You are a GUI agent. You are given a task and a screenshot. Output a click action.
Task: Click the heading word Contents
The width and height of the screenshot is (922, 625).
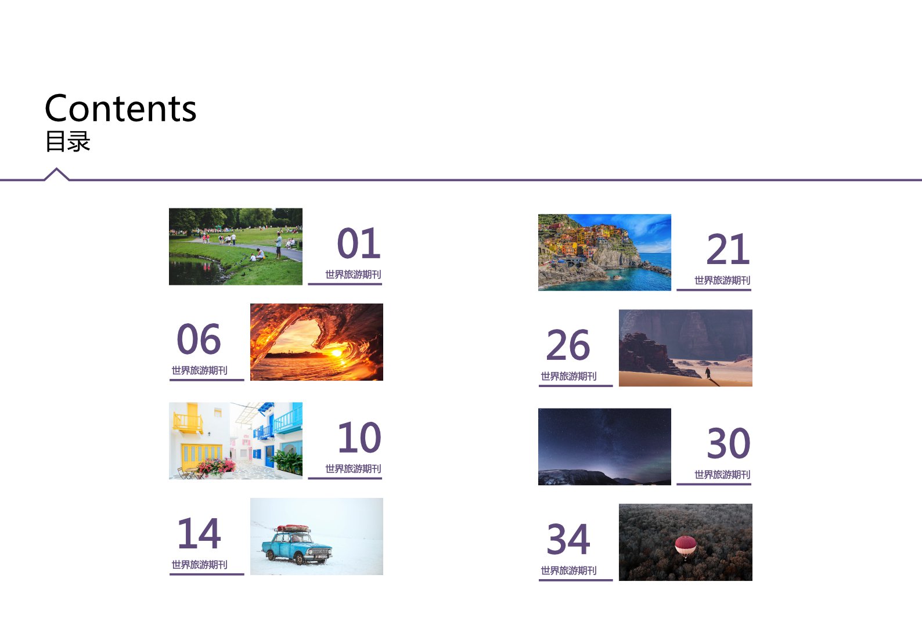click(x=120, y=108)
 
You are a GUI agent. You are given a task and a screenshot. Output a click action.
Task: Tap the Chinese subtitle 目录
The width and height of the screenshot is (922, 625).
click(x=68, y=142)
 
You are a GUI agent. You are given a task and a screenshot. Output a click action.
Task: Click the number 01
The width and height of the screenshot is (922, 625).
click(x=358, y=244)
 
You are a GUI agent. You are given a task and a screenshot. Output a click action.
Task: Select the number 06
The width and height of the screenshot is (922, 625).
click(x=199, y=339)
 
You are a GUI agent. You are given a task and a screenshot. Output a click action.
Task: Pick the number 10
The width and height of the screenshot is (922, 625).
click(x=359, y=438)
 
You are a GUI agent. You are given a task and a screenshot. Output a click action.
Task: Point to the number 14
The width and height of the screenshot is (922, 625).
click(x=199, y=533)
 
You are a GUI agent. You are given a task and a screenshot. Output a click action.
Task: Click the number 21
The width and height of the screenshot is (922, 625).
click(x=727, y=250)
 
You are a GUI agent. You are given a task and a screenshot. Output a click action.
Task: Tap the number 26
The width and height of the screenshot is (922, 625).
click(x=568, y=345)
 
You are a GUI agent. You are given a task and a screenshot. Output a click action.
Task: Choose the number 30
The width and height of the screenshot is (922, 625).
click(x=729, y=443)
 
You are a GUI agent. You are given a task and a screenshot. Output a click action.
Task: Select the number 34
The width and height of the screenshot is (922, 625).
click(x=568, y=539)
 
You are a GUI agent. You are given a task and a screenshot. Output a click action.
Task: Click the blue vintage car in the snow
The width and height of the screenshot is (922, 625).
click(x=297, y=545)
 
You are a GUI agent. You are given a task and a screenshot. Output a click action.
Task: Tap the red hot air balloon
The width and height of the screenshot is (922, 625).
click(x=685, y=547)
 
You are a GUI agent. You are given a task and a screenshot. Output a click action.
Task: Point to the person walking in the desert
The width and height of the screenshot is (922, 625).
click(x=708, y=373)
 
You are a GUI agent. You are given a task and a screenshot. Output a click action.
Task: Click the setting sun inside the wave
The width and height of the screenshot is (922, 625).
click(x=337, y=353)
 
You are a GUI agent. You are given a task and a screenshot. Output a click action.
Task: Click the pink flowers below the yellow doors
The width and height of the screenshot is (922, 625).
click(x=215, y=467)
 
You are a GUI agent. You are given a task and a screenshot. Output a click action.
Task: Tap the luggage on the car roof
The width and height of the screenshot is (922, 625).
click(x=293, y=528)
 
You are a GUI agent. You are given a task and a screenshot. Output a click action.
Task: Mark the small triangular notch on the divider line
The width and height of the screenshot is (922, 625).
click(x=56, y=174)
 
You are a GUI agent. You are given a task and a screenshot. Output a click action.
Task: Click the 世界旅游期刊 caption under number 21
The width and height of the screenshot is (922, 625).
click(x=722, y=281)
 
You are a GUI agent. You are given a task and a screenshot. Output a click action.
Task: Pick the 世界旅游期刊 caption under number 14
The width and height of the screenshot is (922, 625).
click(x=199, y=565)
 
